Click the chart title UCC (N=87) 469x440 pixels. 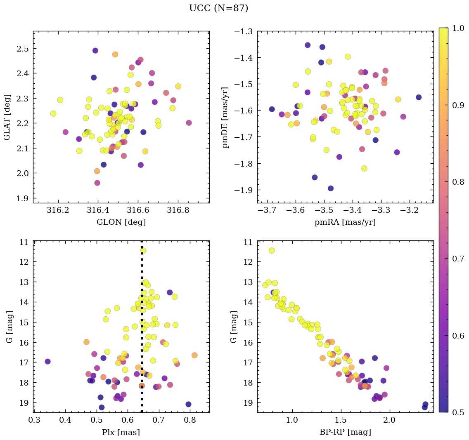(x=218, y=8)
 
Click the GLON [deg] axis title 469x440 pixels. (x=121, y=222)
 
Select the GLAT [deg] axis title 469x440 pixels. (x=8, y=117)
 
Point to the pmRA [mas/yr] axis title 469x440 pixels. (x=345, y=222)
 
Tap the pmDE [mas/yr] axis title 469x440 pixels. (x=225, y=117)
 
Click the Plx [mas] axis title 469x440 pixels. (x=121, y=432)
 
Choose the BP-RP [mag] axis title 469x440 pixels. (x=345, y=432)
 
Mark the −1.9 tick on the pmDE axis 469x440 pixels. (x=244, y=190)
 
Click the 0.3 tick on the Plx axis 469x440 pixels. (x=34, y=421)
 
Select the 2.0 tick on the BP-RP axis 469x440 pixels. (x=389, y=421)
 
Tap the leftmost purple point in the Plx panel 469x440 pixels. (x=47, y=362)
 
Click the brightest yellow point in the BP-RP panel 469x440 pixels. (x=272, y=250)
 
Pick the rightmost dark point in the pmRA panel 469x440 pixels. (x=419, y=97)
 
